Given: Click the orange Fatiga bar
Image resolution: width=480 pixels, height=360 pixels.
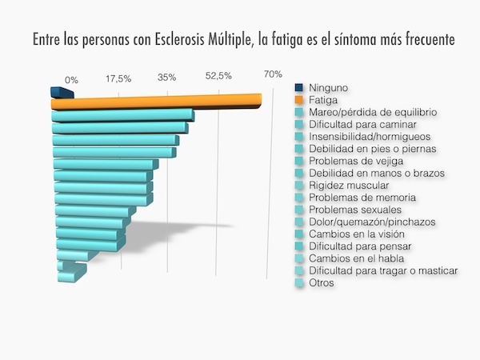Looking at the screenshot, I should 156,102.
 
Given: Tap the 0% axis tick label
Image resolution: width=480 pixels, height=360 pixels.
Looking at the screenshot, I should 71,80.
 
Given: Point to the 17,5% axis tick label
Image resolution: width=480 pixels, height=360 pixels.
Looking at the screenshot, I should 118,78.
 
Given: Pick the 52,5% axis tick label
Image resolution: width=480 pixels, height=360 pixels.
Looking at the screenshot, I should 218,76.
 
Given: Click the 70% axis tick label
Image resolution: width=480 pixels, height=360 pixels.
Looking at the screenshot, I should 273,74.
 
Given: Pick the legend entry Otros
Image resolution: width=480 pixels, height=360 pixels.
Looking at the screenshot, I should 322,282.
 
